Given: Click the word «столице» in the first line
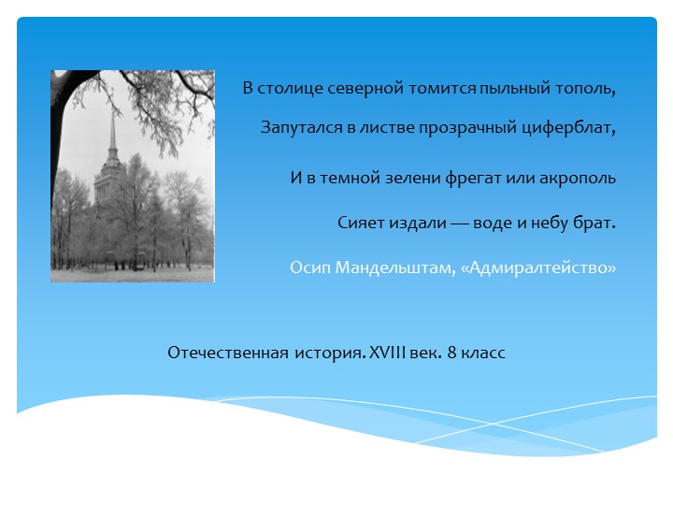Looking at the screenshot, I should (286, 90).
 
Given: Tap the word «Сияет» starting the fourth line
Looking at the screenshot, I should (359, 224).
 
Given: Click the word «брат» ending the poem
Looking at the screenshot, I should (594, 224).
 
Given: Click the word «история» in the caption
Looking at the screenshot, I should (326, 353).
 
